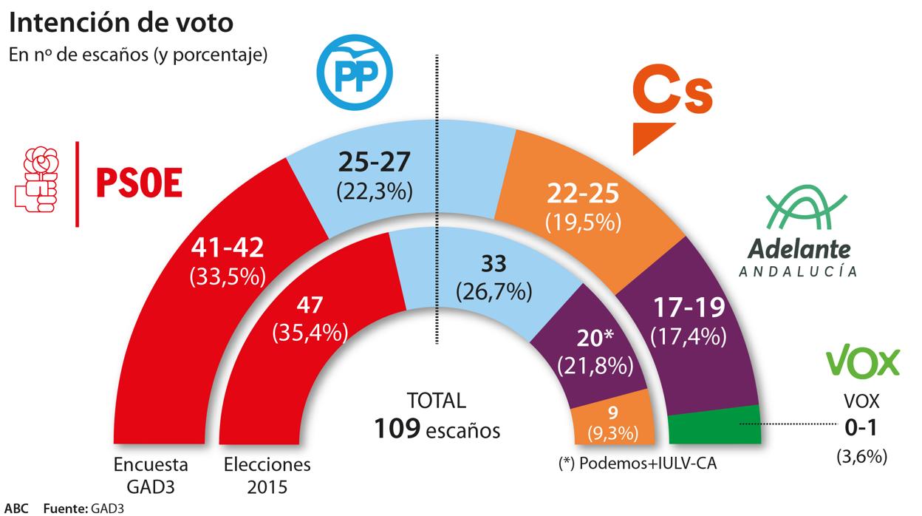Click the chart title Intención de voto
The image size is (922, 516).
pos(121,23)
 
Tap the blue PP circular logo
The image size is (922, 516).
pos(355,71)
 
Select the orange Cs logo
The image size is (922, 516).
pos(672,106)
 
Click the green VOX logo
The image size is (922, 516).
pos(862,363)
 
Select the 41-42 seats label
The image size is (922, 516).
pos(227,249)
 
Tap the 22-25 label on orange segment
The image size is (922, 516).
pos(583,194)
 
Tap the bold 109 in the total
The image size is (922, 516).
pos(397,427)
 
